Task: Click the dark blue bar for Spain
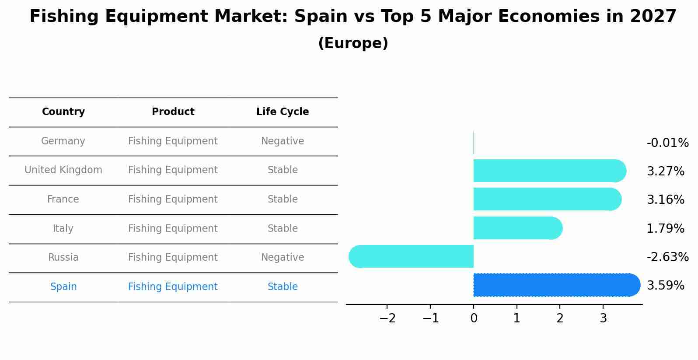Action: [x=555, y=285]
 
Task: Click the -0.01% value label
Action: [x=667, y=143]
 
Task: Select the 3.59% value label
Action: [x=665, y=286]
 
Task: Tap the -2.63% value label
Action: [x=667, y=257]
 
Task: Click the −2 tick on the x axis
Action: [x=387, y=318]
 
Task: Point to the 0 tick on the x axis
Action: [x=474, y=318]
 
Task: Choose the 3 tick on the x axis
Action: [x=603, y=318]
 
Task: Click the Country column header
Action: [x=63, y=112]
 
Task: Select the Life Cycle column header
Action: [x=283, y=112]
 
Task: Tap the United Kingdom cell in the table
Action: [x=63, y=170]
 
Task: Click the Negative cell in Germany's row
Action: [x=283, y=141]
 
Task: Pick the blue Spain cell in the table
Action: [x=63, y=287]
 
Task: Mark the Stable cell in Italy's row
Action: [x=283, y=229]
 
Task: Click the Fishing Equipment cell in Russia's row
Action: [x=173, y=258]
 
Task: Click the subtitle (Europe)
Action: [x=353, y=43]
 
